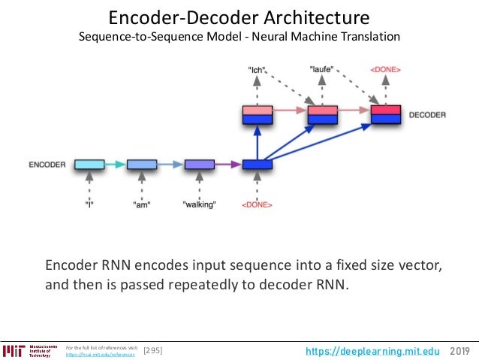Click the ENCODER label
47,164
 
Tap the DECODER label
427,115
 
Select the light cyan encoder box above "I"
89,164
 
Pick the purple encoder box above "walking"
199,164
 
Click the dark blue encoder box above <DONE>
257,164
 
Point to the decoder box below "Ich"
257,115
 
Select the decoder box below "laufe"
322,115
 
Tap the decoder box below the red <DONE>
386,115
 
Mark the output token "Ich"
257,70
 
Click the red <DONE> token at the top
386,70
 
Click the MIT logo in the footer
14,350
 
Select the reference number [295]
152,350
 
